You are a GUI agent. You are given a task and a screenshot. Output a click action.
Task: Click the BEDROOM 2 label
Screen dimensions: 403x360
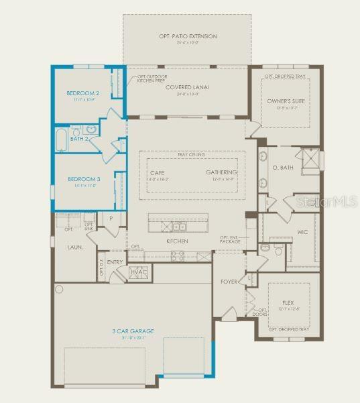[83, 93]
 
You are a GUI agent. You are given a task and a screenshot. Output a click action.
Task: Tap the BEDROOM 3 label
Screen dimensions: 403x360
[84, 179]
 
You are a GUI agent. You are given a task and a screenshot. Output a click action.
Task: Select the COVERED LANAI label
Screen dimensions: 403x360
[188, 87]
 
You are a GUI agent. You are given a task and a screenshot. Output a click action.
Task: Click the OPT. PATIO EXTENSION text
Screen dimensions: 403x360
[188, 36]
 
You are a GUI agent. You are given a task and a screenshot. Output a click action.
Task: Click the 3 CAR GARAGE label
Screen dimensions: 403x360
[133, 331]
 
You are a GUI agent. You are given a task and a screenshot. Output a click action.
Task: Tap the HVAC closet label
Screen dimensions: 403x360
[139, 272]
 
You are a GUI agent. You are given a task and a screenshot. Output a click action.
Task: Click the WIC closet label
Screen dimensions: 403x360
[302, 233]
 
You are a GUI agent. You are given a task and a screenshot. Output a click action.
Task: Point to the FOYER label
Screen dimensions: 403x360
[229, 282]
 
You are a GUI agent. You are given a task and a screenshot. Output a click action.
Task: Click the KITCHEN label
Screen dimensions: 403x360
[177, 241]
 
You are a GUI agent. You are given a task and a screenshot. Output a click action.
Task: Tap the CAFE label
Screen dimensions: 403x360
[158, 172]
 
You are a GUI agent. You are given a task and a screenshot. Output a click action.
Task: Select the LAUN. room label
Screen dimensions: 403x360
[75, 247]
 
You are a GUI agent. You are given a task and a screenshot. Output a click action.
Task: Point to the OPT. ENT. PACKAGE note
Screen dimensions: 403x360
[233, 240]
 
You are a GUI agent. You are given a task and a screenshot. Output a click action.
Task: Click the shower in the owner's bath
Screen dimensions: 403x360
[309, 160]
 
